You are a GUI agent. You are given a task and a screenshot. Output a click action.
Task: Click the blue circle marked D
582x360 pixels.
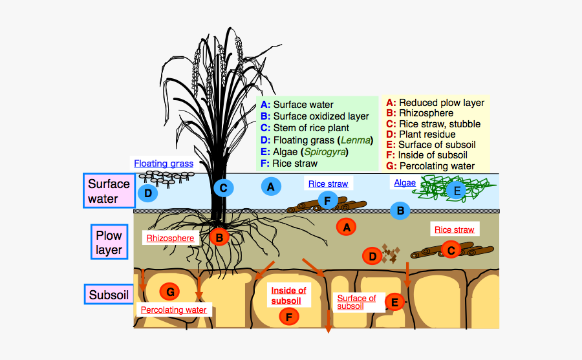(x=147, y=193)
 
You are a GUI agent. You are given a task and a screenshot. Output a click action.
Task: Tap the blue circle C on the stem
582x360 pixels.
(x=223, y=188)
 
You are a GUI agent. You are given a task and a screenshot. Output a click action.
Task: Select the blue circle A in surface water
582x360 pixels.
(x=270, y=187)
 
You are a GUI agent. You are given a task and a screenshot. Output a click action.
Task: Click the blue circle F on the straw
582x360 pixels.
(x=327, y=201)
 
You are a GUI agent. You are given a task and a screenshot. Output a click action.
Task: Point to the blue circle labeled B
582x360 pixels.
(x=400, y=210)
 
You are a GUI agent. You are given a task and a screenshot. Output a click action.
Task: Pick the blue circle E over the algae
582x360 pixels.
(x=457, y=190)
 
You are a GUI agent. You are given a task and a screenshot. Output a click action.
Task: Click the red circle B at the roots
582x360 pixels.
(x=219, y=237)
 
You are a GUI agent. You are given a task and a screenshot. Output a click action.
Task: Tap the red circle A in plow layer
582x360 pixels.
(x=347, y=227)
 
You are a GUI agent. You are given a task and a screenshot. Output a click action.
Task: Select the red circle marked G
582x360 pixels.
(x=169, y=292)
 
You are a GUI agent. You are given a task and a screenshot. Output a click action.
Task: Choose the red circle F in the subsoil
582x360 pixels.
(x=288, y=317)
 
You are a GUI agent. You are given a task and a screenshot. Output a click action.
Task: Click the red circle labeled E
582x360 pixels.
(x=394, y=301)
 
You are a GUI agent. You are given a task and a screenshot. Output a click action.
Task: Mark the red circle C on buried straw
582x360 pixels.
(x=450, y=249)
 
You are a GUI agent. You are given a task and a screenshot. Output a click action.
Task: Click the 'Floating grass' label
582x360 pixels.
(x=164, y=164)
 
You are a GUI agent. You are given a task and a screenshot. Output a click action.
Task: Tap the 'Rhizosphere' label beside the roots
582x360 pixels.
(x=170, y=238)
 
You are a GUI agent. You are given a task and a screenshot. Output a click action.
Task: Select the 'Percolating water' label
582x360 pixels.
(x=174, y=310)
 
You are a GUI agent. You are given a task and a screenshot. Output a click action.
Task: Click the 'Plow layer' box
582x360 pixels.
(x=109, y=242)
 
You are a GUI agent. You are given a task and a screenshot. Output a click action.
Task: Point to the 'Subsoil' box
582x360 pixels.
(x=109, y=295)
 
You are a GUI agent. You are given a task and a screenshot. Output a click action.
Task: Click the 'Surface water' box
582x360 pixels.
(x=109, y=191)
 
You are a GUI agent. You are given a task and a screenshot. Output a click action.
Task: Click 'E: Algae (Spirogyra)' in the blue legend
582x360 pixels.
(x=304, y=152)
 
